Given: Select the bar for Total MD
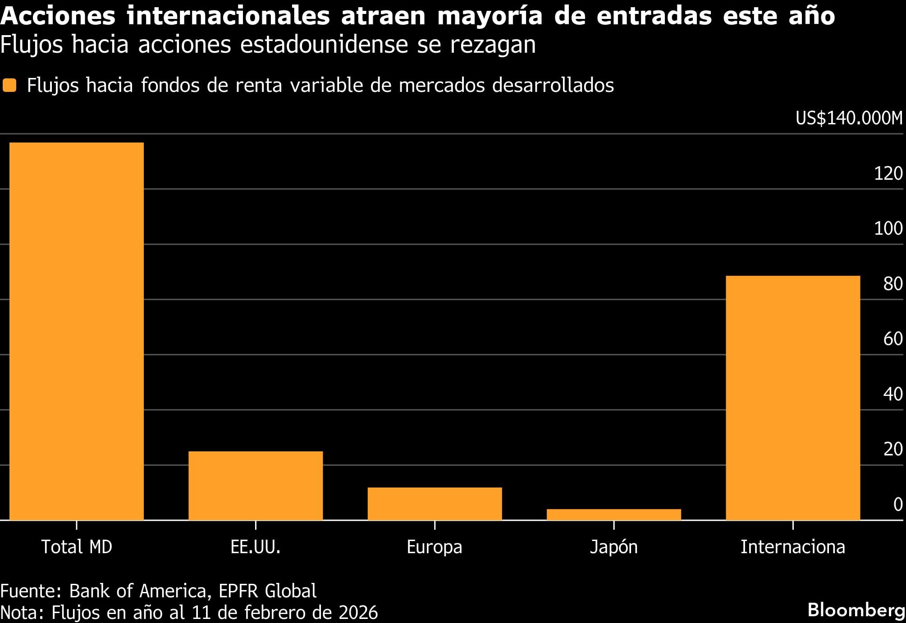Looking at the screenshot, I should [x=77, y=331].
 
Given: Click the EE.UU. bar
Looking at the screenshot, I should [x=256, y=486].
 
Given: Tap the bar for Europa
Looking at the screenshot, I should [x=435, y=504].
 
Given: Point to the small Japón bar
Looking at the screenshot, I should [x=613, y=514].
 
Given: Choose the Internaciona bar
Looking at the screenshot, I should [x=792, y=398].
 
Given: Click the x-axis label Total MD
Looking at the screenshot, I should [x=77, y=547].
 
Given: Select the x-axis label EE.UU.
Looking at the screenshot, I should [x=256, y=547].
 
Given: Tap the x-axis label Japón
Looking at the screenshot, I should [x=613, y=547].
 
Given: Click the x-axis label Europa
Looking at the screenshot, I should [x=435, y=547].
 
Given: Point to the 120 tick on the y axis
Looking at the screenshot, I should [x=888, y=173].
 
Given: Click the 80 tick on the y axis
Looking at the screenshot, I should [x=892, y=284].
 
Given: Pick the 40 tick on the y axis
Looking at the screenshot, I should [x=892, y=394].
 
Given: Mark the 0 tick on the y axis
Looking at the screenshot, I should [x=897, y=505].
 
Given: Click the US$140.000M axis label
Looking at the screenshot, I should [x=849, y=118].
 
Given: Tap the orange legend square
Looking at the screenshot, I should [x=9, y=85].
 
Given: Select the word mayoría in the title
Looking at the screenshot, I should [x=490, y=16].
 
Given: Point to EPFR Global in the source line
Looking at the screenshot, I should [x=267, y=591].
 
